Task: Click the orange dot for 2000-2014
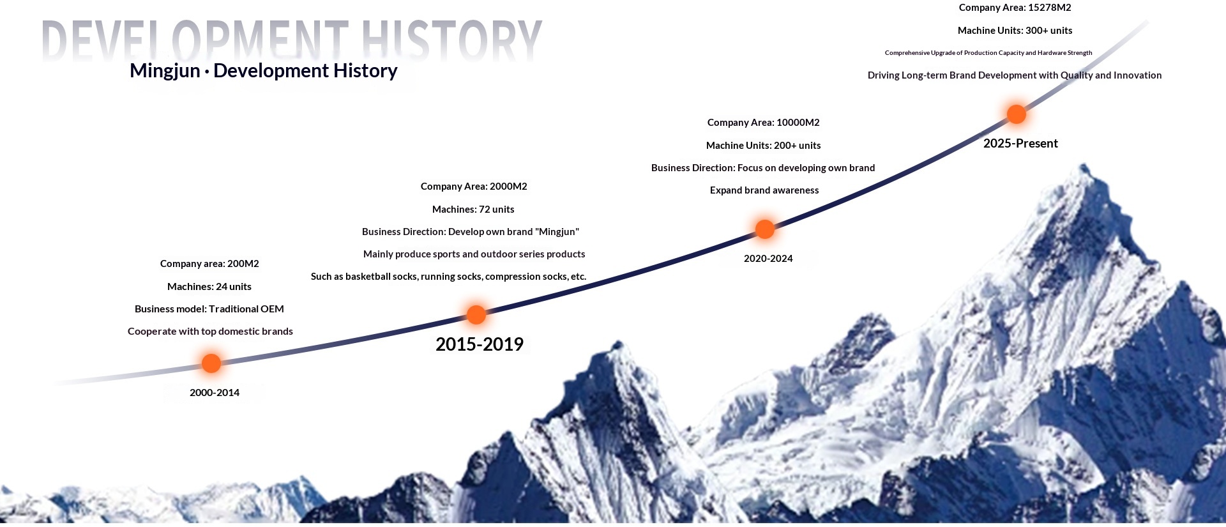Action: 211,363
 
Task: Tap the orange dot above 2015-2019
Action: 476,314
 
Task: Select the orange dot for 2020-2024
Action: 765,229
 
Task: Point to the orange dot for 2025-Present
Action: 1017,114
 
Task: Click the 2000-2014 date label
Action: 215,393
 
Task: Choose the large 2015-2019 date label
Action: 480,344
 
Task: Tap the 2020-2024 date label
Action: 768,259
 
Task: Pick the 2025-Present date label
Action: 1020,143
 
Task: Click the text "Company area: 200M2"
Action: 209,264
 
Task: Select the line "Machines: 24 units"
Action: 209,287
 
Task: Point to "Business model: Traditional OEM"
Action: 209,309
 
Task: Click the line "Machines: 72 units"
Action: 473,210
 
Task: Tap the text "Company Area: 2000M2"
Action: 474,187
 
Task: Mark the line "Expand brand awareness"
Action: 764,190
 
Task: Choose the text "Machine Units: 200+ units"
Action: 764,146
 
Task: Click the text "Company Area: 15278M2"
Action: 1015,8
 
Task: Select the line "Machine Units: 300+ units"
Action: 1015,31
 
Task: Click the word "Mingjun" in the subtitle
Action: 165,71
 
